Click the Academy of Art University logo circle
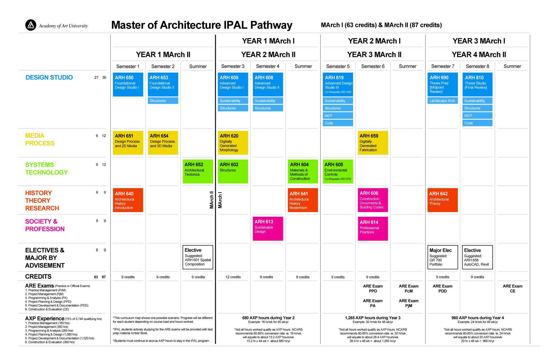31,25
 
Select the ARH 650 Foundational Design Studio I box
128,84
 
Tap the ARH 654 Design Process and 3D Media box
163,143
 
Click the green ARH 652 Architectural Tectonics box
198,171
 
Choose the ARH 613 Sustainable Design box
268,229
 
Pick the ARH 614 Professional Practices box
373,229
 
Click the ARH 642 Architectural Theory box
442,200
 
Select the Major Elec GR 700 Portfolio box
443,257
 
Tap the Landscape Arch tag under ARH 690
442,101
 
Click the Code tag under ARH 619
338,123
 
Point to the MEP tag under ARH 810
477,115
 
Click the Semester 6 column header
373,66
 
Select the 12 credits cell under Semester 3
233,277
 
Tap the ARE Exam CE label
512,289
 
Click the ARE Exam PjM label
408,303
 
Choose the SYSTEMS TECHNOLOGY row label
46,169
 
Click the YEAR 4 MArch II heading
479,55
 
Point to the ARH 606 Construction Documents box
373,200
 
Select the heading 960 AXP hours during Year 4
478,318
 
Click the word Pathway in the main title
271,25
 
